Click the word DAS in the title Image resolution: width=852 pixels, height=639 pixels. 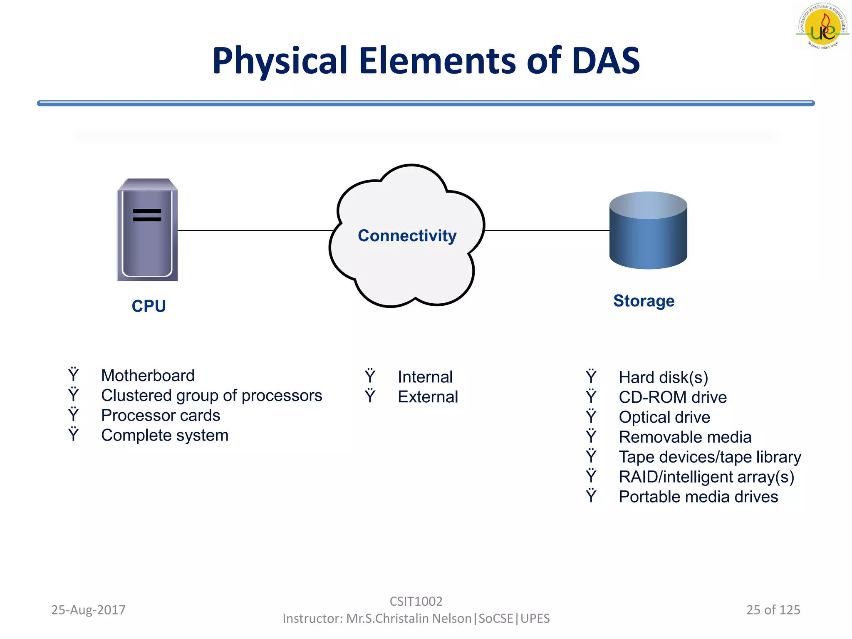coord(605,61)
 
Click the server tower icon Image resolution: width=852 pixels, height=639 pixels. coord(147,230)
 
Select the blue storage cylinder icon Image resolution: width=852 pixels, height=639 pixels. coord(648,230)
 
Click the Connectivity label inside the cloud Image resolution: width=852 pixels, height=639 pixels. coord(407,236)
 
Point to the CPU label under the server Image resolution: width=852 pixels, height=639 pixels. coord(149,306)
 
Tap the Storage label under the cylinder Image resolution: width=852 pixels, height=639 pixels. coord(644,301)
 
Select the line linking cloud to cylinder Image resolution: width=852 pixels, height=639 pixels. coord(547,230)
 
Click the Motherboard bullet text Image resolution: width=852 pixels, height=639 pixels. coord(148,376)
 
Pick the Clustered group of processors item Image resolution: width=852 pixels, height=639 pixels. coord(211,396)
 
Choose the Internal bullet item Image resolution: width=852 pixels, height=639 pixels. coord(425,377)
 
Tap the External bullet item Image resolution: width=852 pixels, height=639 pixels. coord(428,397)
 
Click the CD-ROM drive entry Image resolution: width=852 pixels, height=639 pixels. coord(672,397)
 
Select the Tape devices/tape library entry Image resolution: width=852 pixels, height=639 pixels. coord(709,457)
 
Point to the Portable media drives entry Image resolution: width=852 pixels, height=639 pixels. coord(698,497)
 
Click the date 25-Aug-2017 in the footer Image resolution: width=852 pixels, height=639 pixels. coord(88,610)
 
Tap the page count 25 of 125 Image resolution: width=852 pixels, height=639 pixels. coord(773,610)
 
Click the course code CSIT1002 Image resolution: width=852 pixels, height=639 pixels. coord(416,601)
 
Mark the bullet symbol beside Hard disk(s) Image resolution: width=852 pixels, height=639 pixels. coord(591,377)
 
